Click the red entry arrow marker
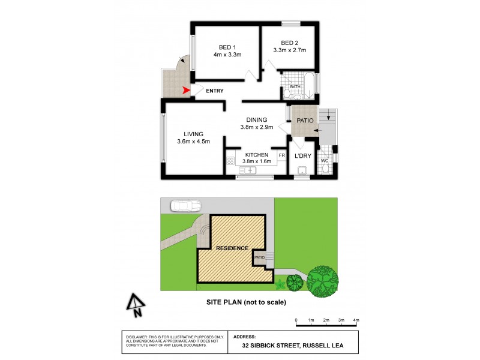pos(187,91)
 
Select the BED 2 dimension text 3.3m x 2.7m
pos(289,50)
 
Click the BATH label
pos(295,87)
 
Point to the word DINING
pos(256,119)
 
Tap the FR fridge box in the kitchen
pos(281,155)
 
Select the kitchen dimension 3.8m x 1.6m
pos(256,161)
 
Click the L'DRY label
pos(302,155)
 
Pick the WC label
pos(324,160)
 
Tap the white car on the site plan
pos(185,206)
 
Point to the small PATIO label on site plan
pos(259,258)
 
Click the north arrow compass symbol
pos(136,304)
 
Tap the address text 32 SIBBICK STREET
pos(270,346)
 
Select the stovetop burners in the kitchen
pos(230,160)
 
